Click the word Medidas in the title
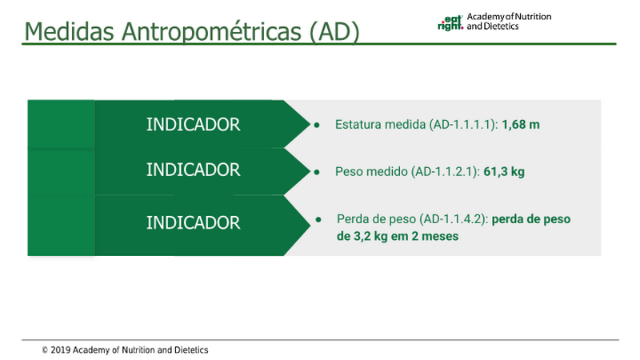(70, 31)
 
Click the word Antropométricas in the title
(211, 32)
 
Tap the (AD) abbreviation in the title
(334, 32)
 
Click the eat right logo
(450, 23)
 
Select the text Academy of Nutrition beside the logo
(509, 17)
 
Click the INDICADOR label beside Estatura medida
(193, 125)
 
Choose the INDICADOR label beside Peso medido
(193, 170)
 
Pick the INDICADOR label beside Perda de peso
(193, 223)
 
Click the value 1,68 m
(521, 125)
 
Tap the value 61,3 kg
(504, 172)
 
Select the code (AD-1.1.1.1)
(463, 125)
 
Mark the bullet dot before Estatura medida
(317, 125)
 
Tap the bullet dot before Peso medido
(317, 172)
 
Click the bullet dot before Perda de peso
(318, 219)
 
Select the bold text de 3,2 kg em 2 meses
(398, 236)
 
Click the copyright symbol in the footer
(45, 350)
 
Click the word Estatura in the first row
(354, 125)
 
